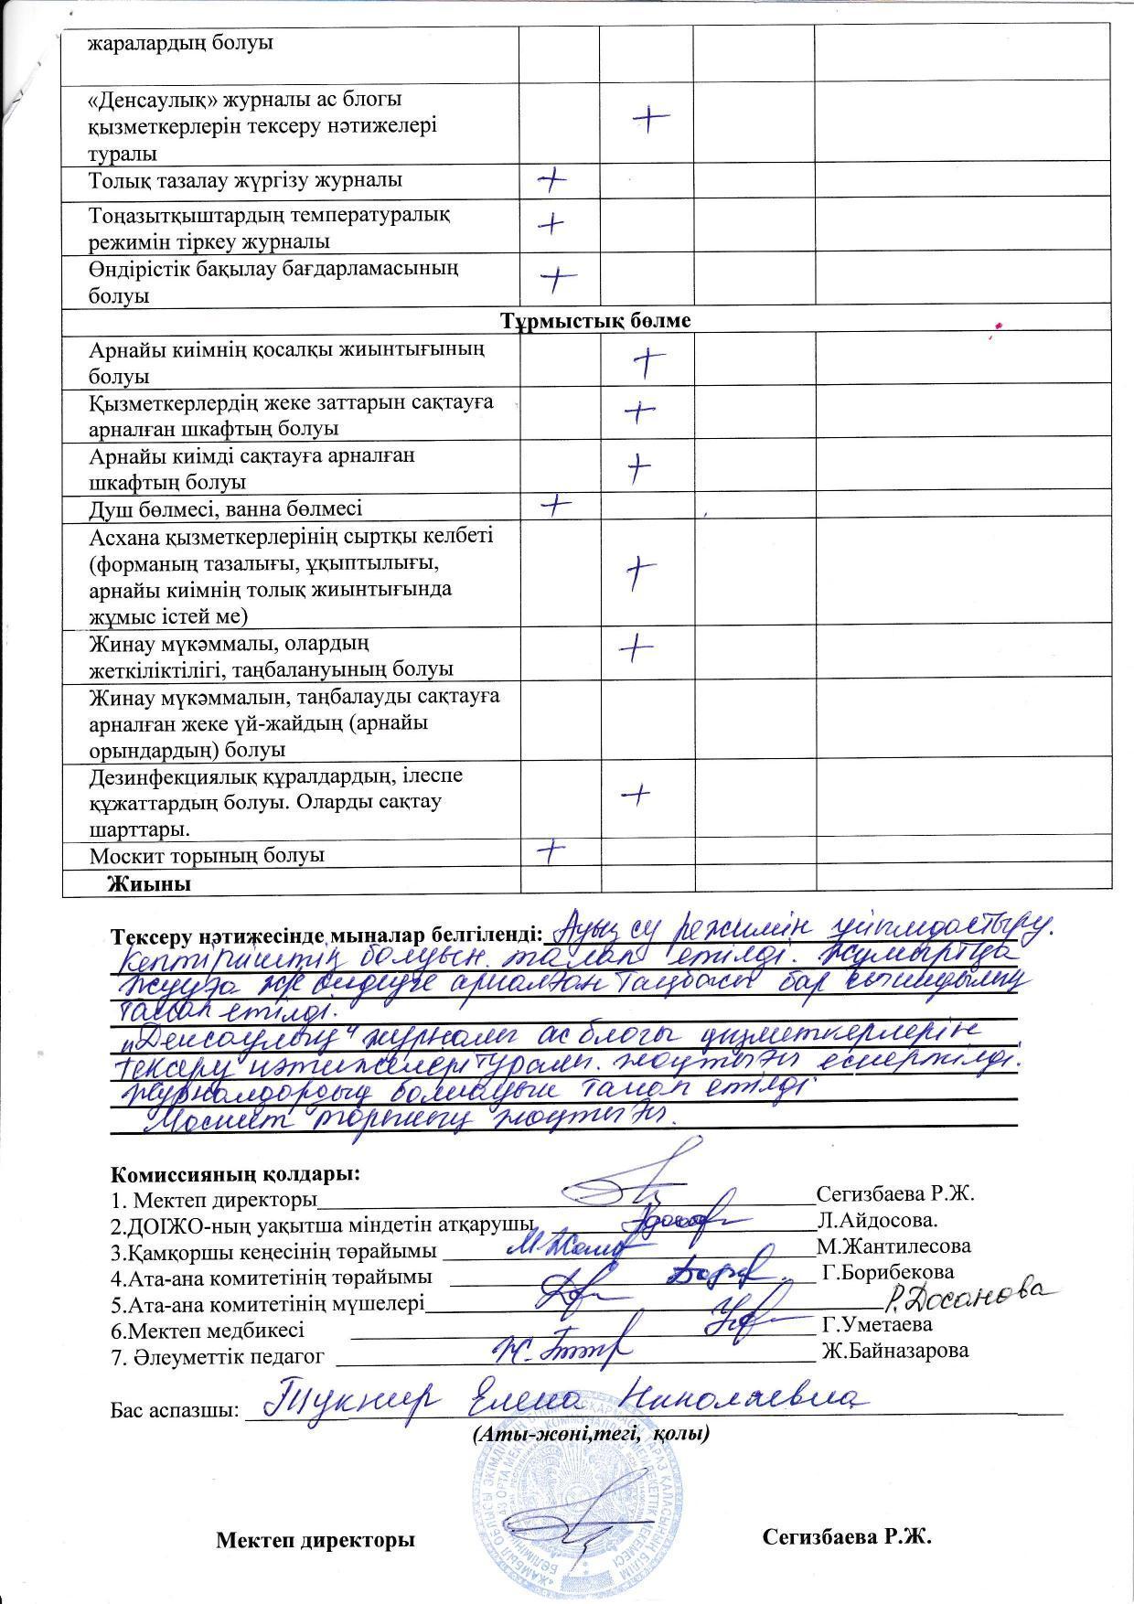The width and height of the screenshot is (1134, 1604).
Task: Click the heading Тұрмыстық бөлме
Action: pyautogui.click(x=595, y=322)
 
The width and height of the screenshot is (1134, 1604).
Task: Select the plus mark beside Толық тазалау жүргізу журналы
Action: pyautogui.click(x=551, y=180)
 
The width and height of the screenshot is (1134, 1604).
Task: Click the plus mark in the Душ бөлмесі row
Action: pyautogui.click(x=556, y=504)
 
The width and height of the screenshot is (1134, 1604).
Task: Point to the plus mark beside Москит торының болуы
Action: pyautogui.click(x=551, y=852)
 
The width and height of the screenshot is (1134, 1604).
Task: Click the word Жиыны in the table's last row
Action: pyautogui.click(x=149, y=884)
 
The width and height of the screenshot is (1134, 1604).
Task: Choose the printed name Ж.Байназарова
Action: pyautogui.click(x=894, y=1351)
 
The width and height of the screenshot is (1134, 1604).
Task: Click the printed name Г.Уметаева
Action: pyautogui.click(x=877, y=1324)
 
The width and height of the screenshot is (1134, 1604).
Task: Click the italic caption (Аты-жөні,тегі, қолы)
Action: pyautogui.click(x=592, y=1435)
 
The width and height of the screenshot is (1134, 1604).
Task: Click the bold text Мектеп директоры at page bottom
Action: pyautogui.click(x=316, y=1540)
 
